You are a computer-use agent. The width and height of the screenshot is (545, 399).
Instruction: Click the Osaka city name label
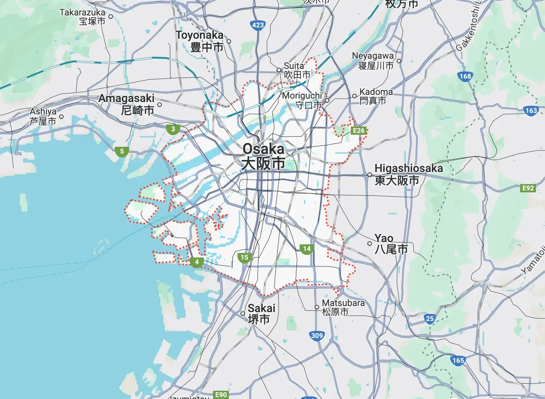click(x=263, y=156)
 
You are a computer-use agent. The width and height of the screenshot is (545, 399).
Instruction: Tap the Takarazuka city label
click(x=82, y=17)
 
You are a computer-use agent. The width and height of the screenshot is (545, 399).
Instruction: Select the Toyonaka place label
click(x=200, y=41)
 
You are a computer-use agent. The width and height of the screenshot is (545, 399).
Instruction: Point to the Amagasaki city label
click(x=126, y=104)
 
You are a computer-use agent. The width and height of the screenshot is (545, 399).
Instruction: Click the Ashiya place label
click(x=43, y=116)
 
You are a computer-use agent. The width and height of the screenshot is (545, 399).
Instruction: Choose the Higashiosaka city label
click(x=409, y=174)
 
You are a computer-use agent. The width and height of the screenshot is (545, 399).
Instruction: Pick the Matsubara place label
click(x=343, y=307)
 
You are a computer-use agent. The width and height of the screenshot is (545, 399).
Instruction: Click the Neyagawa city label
click(x=373, y=60)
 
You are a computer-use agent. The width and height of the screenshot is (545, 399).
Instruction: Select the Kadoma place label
click(x=376, y=96)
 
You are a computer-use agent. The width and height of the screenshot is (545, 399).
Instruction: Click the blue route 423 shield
click(x=258, y=25)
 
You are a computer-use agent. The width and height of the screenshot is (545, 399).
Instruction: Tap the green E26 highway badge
click(x=359, y=131)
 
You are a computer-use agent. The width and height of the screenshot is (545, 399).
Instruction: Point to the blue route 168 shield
click(x=465, y=76)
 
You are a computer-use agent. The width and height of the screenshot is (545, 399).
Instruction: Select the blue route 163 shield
click(x=531, y=111)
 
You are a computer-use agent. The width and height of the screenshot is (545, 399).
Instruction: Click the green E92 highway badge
click(x=528, y=188)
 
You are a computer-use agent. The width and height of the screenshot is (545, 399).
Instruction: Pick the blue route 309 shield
click(x=317, y=336)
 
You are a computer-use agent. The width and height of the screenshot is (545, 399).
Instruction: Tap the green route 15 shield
click(x=244, y=257)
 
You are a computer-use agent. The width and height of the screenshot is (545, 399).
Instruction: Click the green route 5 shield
click(x=122, y=152)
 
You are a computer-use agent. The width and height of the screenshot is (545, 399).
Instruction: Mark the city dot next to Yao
click(x=370, y=244)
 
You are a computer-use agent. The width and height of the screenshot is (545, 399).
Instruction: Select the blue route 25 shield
click(x=430, y=319)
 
